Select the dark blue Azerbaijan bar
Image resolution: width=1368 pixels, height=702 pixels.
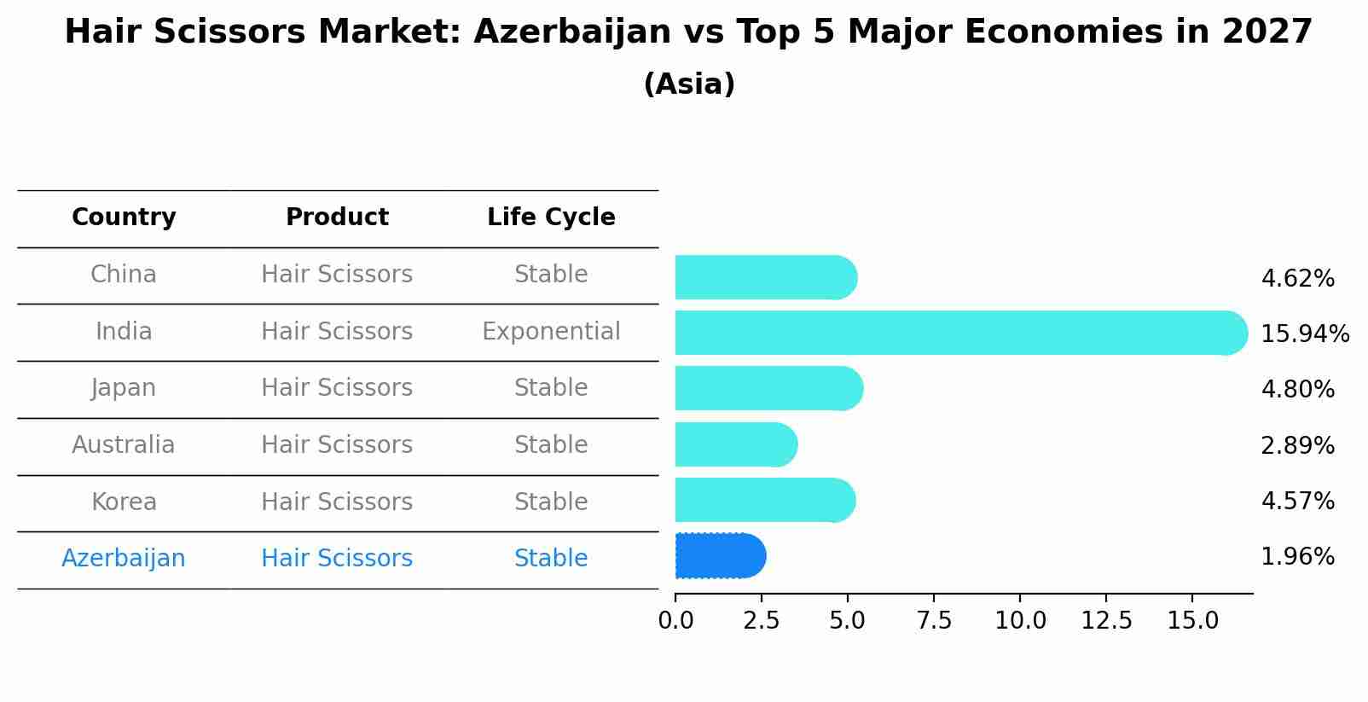719,556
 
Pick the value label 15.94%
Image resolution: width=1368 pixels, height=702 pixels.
1304,334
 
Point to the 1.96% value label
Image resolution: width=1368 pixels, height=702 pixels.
1297,557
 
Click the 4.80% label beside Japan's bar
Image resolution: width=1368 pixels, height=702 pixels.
1297,390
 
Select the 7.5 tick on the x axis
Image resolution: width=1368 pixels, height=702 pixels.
934,621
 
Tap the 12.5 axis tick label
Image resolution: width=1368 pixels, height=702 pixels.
1106,621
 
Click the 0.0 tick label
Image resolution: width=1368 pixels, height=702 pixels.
675,621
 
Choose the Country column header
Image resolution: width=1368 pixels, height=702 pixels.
124,218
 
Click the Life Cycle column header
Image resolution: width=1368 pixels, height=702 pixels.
551,218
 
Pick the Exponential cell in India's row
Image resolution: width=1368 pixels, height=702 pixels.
551,332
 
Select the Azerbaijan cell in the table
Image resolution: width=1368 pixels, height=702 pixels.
124,559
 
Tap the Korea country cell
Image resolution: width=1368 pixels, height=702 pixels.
124,502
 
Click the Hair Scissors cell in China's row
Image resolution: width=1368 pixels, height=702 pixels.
337,275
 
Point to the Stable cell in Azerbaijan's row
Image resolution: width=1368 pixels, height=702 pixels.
551,559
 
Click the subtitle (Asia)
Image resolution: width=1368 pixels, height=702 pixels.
689,84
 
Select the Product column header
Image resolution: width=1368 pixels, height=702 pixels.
337,218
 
